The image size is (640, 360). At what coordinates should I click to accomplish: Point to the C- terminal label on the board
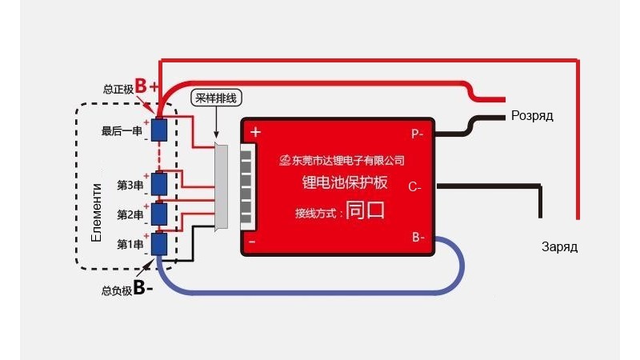pos(414,187)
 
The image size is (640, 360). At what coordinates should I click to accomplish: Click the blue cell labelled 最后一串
pos(158,130)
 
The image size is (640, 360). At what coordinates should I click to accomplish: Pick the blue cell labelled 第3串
pos(158,184)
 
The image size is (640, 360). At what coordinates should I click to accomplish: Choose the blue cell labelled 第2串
pos(158,214)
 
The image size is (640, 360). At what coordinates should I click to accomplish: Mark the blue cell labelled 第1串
pos(158,243)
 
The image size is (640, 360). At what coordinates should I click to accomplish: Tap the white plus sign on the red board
pos(255,132)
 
